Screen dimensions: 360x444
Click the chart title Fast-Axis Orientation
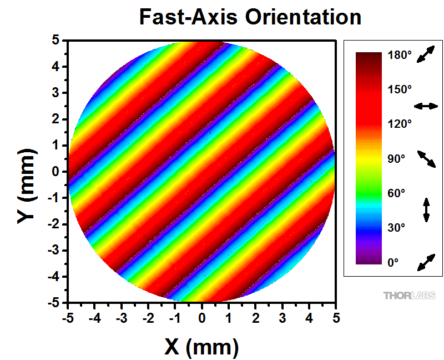pyautogui.click(x=250, y=17)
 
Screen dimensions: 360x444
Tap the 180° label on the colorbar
pyautogui.click(x=400, y=56)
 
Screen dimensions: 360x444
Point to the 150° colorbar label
pyautogui.click(x=400, y=89)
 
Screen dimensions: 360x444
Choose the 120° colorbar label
pyautogui.click(x=400, y=124)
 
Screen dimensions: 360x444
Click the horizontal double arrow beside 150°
pyautogui.click(x=426, y=106)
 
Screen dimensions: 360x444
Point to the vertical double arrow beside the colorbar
pyautogui.click(x=426, y=209)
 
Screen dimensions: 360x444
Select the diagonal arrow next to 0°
pyautogui.click(x=426, y=262)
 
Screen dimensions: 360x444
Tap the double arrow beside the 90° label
pyautogui.click(x=426, y=158)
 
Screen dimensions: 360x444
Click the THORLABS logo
pyautogui.click(x=409, y=295)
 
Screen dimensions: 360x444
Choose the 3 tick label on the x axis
pyautogui.click(x=282, y=318)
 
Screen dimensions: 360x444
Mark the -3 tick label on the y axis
pyautogui.click(x=54, y=251)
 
